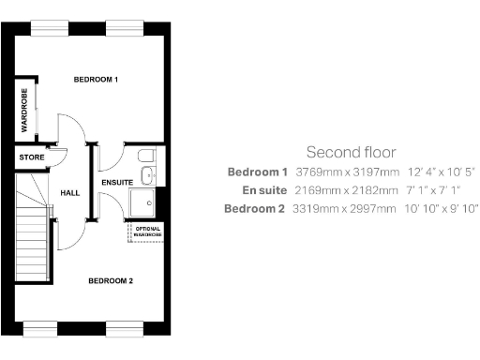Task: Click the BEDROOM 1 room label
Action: pos(96,80)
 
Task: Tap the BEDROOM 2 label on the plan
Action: pos(111,280)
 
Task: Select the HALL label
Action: pos(70,192)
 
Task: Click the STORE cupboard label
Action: pos(31,157)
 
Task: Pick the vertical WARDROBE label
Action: pos(24,111)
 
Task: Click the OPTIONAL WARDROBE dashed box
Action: pos(148,232)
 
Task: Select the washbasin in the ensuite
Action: pos(147,174)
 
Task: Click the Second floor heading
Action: pos(351,152)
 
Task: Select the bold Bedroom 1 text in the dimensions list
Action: pos(257,172)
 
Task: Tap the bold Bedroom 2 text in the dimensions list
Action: pos(254,208)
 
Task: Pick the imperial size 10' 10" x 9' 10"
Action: pos(441,208)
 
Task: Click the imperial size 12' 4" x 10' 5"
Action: pos(441,172)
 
